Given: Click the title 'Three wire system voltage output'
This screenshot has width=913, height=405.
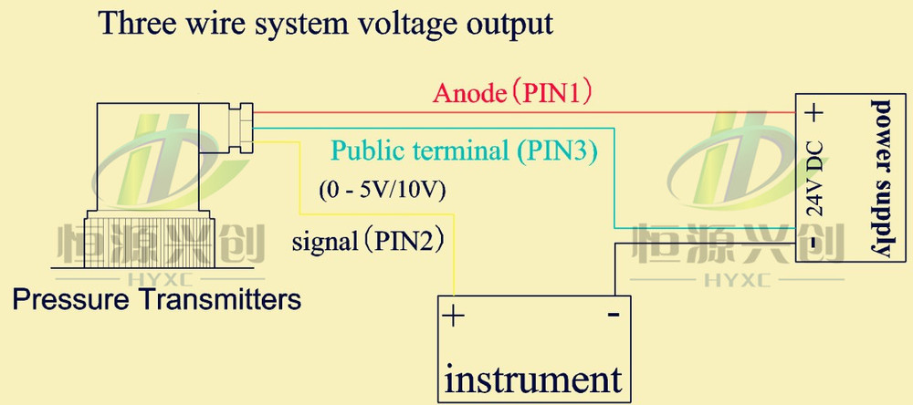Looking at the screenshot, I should pos(326,23).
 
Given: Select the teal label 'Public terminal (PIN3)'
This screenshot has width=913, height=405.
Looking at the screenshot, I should pos(464,151).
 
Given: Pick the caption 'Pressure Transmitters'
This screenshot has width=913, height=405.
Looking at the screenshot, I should pos(156,298).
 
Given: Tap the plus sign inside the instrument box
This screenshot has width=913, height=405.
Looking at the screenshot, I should pos(454,317).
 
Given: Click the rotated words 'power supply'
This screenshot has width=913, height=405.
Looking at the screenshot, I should pos(883,178).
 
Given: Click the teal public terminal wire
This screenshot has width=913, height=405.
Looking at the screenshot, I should pos(614,182).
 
